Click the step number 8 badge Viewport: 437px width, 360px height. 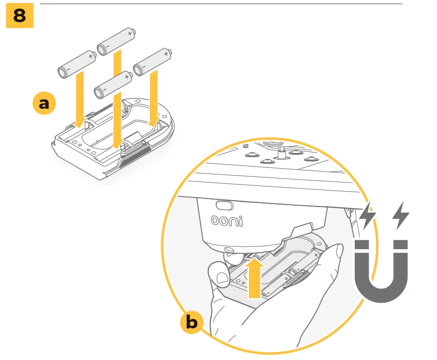coord(20,16)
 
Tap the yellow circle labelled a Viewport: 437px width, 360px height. coord(44,103)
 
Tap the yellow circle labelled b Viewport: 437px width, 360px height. coord(192,322)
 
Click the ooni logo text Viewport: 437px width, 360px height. coord(227,221)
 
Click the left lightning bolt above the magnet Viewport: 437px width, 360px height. coord(368,216)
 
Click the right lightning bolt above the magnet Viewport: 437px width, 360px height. coord(401,216)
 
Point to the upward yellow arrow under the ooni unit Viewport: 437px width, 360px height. coord(255,278)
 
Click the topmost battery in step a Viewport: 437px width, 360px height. coord(116,41)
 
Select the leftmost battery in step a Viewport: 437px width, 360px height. coord(77,64)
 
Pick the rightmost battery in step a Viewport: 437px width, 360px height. coord(153,62)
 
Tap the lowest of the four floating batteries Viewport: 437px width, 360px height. coord(113,85)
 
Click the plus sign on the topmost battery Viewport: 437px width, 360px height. coord(129,34)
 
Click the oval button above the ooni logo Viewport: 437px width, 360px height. coord(225,206)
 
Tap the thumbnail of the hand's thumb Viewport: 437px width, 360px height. coord(222,278)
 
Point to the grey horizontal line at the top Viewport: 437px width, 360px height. coord(221,4)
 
